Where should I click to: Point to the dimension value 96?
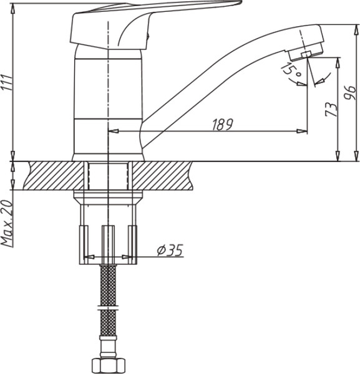[x=350, y=93]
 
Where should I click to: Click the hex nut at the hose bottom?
[x=109, y=364]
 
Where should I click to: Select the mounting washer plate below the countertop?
[x=109, y=198]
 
